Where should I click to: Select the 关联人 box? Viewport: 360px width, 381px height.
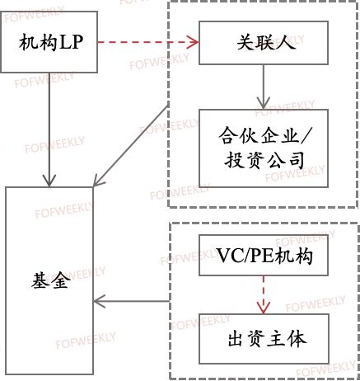(x=264, y=43)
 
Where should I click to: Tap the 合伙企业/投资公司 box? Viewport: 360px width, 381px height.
(x=264, y=148)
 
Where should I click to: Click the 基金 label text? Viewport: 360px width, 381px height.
(x=51, y=280)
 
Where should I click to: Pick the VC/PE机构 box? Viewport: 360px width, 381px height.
(x=264, y=256)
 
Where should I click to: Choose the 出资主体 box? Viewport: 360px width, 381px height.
(x=264, y=339)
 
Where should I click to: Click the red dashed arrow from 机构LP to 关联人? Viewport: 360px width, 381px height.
(x=148, y=42)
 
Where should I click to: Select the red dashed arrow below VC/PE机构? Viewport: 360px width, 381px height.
(x=264, y=295)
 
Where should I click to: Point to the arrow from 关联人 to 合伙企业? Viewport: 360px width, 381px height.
(x=264, y=87)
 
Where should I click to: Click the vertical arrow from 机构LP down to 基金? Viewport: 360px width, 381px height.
(x=49, y=129)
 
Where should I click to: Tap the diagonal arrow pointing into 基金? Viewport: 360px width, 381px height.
(x=131, y=146)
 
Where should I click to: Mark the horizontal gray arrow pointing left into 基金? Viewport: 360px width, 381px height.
(x=131, y=301)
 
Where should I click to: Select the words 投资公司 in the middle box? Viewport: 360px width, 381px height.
(x=264, y=160)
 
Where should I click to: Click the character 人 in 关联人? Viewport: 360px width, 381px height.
(x=287, y=43)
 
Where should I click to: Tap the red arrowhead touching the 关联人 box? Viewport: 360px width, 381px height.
(x=193, y=42)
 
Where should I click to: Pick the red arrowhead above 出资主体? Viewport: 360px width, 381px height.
(x=264, y=308)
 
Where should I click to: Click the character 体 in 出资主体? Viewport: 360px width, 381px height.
(x=297, y=339)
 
